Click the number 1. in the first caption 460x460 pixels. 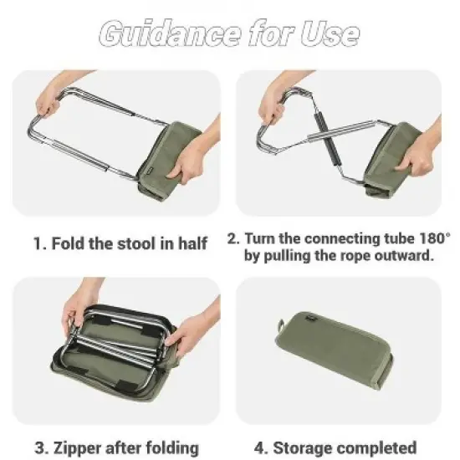tap(39, 244)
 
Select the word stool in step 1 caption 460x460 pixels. tap(125, 244)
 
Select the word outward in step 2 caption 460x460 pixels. tap(401, 255)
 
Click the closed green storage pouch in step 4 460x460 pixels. tap(335, 351)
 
